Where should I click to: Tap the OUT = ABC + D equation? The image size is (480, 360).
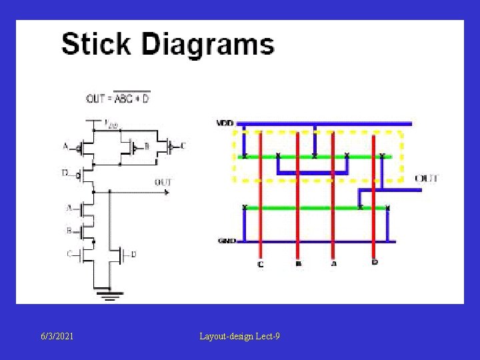click(118, 99)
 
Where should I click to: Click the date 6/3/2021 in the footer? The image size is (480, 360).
click(57, 337)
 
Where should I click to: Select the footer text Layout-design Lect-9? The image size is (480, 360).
click(239, 337)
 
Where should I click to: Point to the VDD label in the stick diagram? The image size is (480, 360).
click(225, 123)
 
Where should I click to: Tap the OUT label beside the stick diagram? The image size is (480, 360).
click(426, 179)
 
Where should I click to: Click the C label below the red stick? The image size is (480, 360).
click(261, 264)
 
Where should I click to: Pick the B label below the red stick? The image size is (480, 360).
click(297, 264)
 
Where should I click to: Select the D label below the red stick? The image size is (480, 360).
click(375, 263)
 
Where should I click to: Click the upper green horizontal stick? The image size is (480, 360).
click(313, 157)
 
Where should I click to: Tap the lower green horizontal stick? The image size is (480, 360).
click(313, 208)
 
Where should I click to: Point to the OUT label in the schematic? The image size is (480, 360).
click(163, 182)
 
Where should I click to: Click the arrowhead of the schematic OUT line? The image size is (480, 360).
click(166, 192)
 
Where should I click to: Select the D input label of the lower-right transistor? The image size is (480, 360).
click(134, 254)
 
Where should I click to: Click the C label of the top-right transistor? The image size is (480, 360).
click(183, 145)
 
